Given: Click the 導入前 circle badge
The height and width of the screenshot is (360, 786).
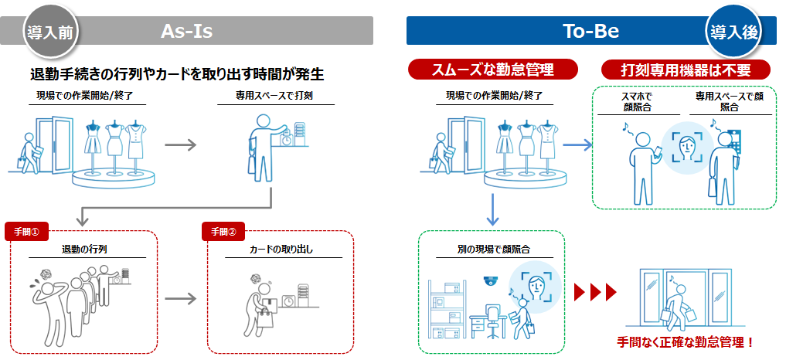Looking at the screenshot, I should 50,32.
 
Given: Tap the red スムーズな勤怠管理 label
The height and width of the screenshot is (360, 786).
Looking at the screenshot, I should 492,70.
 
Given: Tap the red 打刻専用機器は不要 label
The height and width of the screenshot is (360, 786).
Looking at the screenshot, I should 686,70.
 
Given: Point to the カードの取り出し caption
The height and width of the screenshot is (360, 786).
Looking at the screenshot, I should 281,250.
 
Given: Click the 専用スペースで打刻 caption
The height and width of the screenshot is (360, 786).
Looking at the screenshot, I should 274,97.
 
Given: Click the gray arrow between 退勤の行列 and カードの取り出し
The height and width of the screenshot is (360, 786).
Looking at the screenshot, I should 181,296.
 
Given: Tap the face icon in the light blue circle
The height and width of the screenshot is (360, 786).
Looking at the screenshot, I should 686,146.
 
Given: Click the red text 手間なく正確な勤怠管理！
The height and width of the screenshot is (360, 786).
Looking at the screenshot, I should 685,341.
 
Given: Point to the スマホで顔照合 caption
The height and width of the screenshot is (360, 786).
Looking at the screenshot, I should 636,102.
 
